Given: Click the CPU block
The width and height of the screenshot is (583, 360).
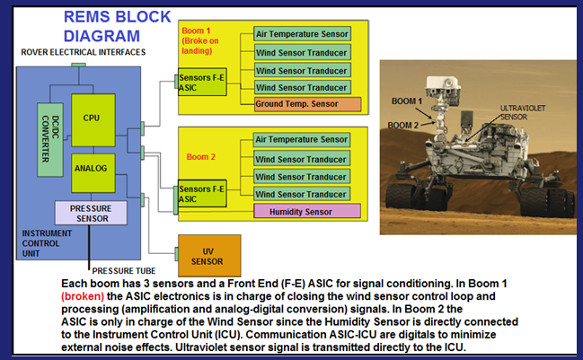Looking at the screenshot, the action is [93, 120].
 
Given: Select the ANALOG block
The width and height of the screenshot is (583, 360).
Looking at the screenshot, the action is [93, 172].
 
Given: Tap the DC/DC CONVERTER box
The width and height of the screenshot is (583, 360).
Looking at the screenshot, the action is [50, 139].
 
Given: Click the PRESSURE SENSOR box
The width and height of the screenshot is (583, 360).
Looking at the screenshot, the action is [91, 213].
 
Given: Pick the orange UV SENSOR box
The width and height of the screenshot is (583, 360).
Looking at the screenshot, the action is [209, 255].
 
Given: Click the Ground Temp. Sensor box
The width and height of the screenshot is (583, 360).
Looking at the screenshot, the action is [307, 104].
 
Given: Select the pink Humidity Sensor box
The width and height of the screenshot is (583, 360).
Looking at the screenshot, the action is [306, 211].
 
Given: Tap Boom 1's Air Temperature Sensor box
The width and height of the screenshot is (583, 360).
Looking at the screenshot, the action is [302, 34].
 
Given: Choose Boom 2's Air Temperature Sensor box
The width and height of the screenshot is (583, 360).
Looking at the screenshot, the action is [301, 140].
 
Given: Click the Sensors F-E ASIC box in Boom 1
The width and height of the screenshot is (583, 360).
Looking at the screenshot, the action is [202, 82].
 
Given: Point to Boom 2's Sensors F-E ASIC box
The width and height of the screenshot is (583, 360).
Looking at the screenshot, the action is [202, 193].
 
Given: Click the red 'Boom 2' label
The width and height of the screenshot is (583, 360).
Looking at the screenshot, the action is [201, 157].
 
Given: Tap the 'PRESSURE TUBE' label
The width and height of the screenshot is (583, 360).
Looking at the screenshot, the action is [124, 271].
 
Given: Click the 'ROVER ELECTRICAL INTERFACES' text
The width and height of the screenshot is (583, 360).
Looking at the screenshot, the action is [84, 52].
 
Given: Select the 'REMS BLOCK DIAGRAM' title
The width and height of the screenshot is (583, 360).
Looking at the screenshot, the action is [117, 26].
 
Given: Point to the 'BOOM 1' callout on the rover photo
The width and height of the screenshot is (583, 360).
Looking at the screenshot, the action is [407, 101].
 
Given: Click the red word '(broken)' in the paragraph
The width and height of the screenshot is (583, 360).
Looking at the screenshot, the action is [83, 296].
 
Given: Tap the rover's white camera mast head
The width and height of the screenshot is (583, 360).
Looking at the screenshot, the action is [443, 85].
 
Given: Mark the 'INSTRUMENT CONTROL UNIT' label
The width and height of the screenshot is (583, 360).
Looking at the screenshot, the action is [47, 243].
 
